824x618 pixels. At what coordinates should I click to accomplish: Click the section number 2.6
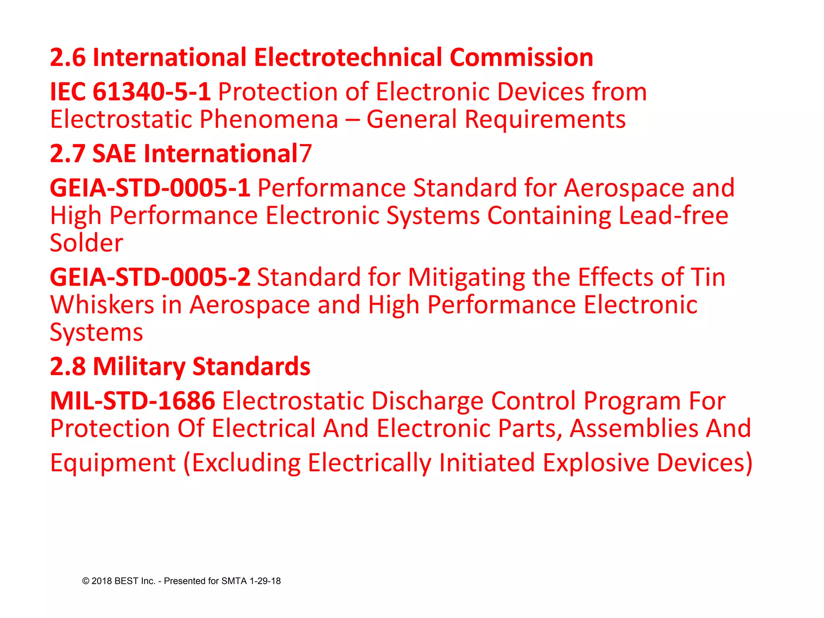(68, 58)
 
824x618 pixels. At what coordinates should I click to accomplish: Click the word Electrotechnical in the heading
(348, 58)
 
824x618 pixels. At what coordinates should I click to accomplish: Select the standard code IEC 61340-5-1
(130, 92)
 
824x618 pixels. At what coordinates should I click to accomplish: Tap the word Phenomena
(268, 119)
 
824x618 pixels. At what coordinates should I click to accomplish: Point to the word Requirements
(545, 119)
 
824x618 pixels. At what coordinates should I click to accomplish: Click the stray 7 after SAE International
(305, 154)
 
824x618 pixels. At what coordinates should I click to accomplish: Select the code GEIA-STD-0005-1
(150, 188)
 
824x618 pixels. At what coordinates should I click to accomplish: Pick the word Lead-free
(673, 216)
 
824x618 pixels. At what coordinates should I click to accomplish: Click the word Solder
(86, 243)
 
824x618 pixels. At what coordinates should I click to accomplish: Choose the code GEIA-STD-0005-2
(150, 277)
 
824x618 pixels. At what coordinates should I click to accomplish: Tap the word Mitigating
(466, 277)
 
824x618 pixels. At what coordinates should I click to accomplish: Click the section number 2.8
(68, 367)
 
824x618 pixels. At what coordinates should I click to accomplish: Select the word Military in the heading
(139, 367)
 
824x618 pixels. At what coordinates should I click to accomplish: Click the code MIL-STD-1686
(132, 401)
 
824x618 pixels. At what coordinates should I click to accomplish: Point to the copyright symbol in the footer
(86, 581)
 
